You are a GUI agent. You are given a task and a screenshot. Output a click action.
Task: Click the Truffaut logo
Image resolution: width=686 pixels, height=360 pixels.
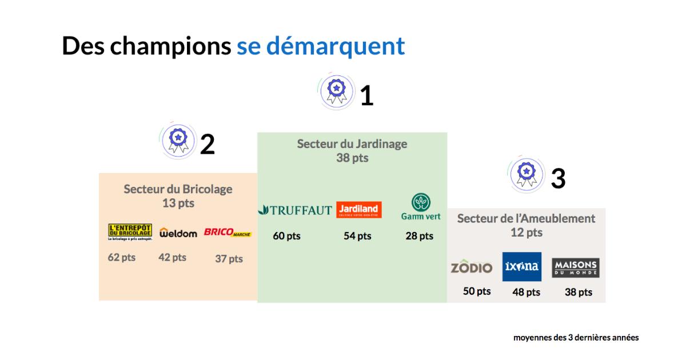coord(295,210)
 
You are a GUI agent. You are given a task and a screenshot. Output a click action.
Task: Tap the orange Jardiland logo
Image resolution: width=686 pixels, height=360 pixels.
coord(358,210)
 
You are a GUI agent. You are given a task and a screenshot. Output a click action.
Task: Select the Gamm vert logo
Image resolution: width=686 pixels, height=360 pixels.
coord(421,207)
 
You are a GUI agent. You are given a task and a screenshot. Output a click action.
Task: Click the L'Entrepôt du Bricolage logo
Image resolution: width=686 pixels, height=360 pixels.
coord(130,232)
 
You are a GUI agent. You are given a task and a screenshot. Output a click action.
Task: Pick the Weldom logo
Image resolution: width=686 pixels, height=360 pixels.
coord(178,233)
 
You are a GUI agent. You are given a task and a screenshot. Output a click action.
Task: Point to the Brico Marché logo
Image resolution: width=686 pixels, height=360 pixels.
coord(228,233)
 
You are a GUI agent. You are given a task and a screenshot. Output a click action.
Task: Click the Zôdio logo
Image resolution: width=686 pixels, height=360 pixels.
coord(471,267)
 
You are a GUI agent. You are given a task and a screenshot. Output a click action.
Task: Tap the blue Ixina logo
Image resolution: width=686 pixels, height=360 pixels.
coord(521,267)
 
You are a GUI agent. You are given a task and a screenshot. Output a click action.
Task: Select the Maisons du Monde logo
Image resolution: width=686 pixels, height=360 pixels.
coord(576,267)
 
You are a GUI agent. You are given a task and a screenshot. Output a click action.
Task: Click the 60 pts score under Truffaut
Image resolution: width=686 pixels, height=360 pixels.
coord(286,236)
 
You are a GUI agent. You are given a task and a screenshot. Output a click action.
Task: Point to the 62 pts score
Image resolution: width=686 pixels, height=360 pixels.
coord(122,257)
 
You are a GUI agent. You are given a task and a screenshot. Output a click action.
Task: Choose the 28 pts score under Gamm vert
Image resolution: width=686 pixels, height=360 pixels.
coord(419,236)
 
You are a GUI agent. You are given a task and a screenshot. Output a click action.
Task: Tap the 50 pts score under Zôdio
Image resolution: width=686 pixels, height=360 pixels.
coord(477,291)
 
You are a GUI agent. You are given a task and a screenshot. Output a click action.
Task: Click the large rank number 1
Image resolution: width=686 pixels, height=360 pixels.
coord(366,96)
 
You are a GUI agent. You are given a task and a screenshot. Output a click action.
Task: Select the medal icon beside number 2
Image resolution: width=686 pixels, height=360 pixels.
coord(179,139)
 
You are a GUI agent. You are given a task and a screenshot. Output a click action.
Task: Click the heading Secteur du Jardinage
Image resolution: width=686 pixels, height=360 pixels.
coord(352,143)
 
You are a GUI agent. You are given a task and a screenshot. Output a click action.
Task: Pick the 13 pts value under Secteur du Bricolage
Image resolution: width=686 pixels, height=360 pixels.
coord(178,203)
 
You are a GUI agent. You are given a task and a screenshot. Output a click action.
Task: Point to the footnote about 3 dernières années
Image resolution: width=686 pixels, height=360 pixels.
coord(576,338)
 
